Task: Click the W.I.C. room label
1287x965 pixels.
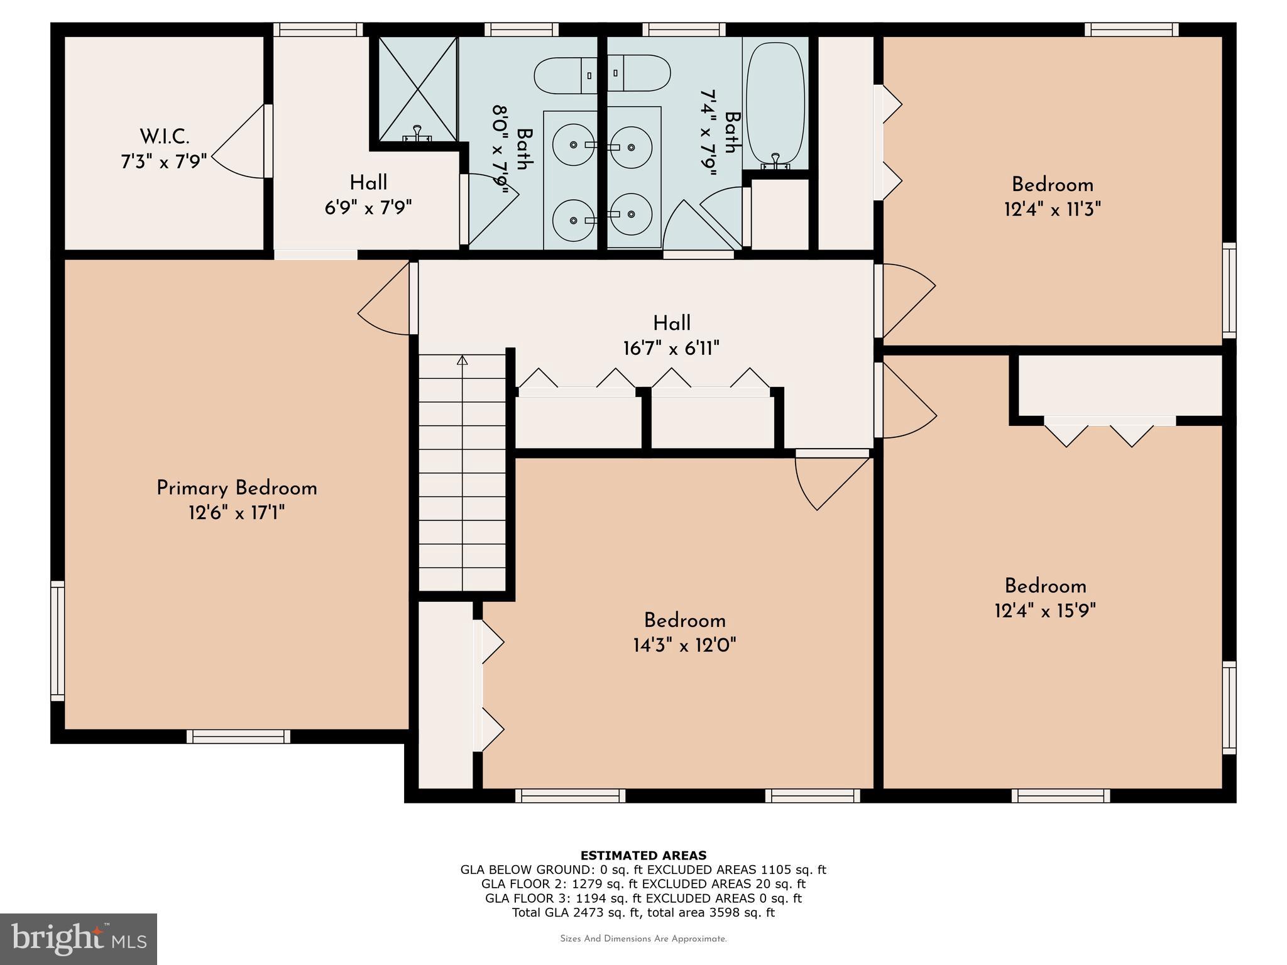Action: pyautogui.click(x=164, y=136)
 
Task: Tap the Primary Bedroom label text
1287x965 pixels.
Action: pyautogui.click(x=236, y=488)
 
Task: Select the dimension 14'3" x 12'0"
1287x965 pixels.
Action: pyautogui.click(x=684, y=645)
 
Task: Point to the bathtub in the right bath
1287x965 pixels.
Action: pyautogui.click(x=775, y=103)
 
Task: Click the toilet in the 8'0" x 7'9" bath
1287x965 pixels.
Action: pyautogui.click(x=564, y=75)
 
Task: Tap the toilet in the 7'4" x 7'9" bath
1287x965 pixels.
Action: pyautogui.click(x=640, y=73)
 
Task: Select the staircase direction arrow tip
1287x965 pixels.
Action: pyautogui.click(x=463, y=360)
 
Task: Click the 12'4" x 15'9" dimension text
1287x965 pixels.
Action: pyautogui.click(x=1045, y=611)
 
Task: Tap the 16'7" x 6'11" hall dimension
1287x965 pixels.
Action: pyautogui.click(x=671, y=348)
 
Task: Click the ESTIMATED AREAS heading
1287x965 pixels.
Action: pyautogui.click(x=643, y=855)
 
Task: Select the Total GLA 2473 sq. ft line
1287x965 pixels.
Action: pyautogui.click(x=643, y=912)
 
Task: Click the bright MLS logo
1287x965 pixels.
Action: pyautogui.click(x=79, y=939)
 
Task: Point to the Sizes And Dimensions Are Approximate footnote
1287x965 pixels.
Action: pyautogui.click(x=643, y=939)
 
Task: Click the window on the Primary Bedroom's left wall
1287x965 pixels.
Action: pyautogui.click(x=57, y=640)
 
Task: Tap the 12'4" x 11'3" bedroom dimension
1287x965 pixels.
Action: pyautogui.click(x=1053, y=209)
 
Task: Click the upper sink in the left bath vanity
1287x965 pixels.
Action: pyautogui.click(x=573, y=144)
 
